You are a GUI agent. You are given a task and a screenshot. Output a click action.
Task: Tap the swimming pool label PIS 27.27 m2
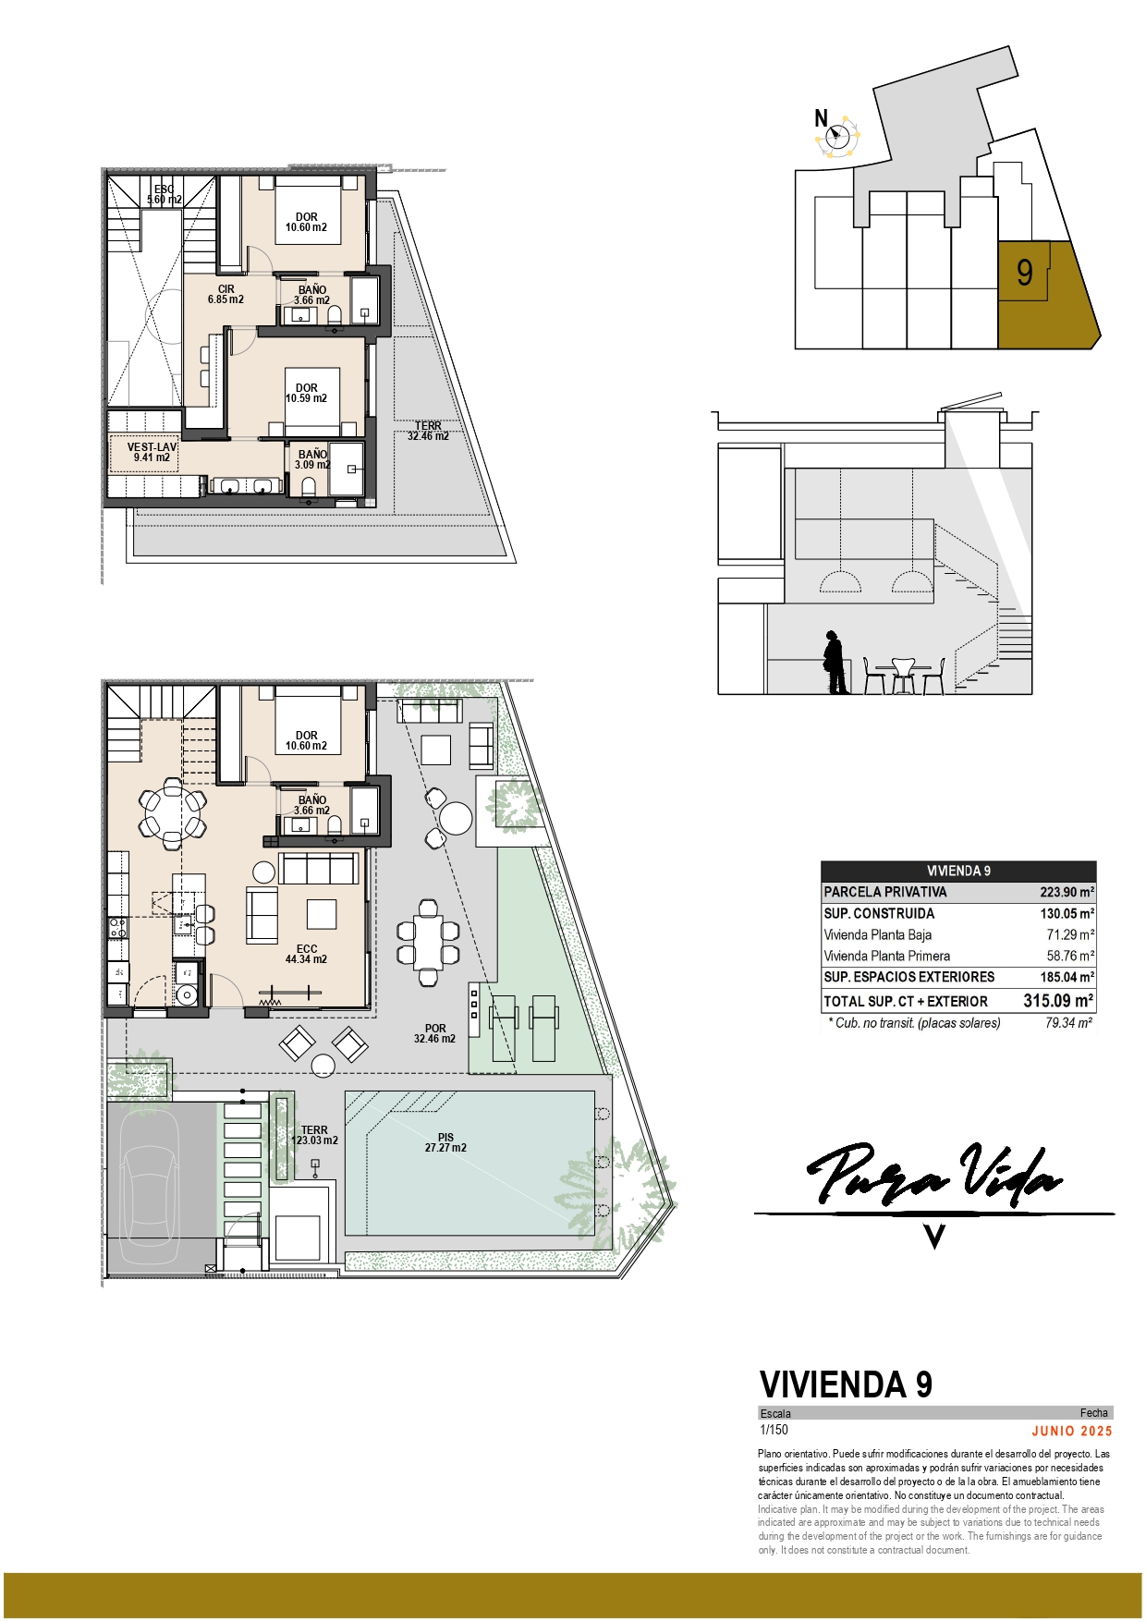coord(445,1142)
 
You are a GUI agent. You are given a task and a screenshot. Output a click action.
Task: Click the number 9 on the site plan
coord(1024,273)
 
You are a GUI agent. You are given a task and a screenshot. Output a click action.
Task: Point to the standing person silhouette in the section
coord(835,662)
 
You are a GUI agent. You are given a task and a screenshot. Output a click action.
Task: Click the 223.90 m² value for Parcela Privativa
coord(1067,892)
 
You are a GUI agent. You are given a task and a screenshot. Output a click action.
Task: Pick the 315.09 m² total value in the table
coord(1058,1000)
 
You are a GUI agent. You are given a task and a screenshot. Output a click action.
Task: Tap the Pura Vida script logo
coord(934,1174)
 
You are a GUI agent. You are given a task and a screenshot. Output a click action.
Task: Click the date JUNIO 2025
coord(1072,1431)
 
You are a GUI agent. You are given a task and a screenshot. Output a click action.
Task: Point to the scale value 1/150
coord(774,1430)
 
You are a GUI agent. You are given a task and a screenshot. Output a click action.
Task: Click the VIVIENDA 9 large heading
coord(846,1384)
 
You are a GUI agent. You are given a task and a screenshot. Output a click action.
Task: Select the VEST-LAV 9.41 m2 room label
coord(152,452)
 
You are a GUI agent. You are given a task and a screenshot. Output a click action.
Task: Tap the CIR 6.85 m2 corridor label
coord(226,294)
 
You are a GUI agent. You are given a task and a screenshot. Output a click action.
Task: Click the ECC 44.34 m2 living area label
coord(306,954)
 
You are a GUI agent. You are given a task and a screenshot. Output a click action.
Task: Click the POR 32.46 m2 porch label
coord(434,1033)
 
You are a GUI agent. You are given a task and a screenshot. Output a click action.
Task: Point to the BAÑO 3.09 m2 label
coord(312,459)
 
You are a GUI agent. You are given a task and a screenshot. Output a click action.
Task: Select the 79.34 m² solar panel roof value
coord(1069,1023)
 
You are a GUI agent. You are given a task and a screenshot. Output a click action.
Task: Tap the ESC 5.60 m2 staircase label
coord(164,194)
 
